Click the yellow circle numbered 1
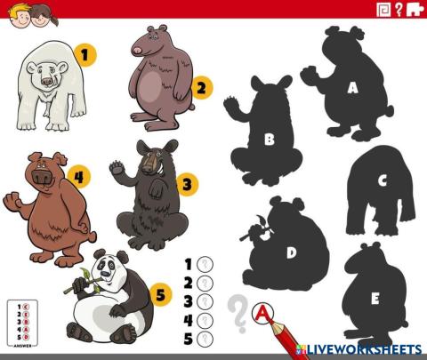click(x=85, y=55)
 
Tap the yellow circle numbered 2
click(x=202, y=87)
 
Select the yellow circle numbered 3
click(x=186, y=185)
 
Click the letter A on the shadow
click(x=352, y=87)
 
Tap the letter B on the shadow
click(x=269, y=139)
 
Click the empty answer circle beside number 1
click(x=205, y=264)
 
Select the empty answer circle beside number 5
click(x=205, y=338)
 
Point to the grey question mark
click(x=237, y=313)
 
